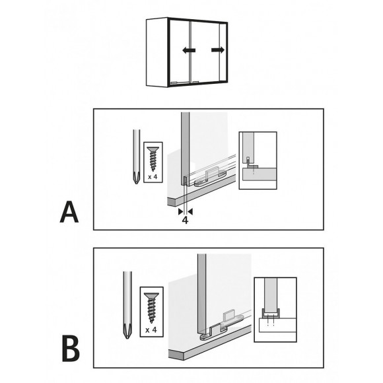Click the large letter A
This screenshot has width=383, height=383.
tap(69, 212)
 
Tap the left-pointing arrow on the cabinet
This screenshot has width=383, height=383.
tap(189, 50)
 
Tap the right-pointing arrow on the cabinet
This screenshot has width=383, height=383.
tap(218, 50)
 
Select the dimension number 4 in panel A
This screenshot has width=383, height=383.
tap(186, 221)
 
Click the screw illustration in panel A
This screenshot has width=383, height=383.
tap(153, 158)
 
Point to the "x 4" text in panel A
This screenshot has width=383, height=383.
tap(153, 177)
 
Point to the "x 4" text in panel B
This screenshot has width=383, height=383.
tap(151, 330)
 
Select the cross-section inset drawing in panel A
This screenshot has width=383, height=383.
tap(258, 160)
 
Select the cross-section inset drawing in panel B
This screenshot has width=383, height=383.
tap(275, 310)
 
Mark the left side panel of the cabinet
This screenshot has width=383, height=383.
tap(157, 52)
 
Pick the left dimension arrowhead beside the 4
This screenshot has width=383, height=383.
tap(181, 212)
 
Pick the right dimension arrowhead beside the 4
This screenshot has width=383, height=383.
tap(190, 212)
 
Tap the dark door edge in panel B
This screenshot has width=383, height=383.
tap(202, 293)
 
